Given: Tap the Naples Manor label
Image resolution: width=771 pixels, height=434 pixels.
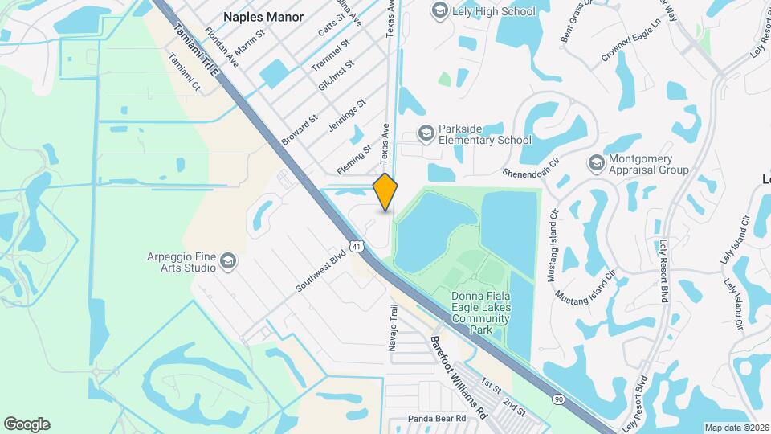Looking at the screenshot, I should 263,16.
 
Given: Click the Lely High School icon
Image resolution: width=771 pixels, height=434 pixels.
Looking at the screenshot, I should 439,10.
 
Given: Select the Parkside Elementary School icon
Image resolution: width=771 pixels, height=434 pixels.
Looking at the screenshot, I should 426,133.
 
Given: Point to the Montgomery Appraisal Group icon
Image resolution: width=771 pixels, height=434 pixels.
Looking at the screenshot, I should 596,162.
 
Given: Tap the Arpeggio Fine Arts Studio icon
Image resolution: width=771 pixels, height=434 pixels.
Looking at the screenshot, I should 228,260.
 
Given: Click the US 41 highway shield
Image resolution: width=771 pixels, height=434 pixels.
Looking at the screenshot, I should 356,244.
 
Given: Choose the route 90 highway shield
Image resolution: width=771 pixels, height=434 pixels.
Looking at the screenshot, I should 558,399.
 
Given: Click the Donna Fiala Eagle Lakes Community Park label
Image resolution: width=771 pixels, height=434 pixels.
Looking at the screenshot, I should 481,313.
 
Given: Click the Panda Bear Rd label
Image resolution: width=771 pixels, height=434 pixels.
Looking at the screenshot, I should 438,419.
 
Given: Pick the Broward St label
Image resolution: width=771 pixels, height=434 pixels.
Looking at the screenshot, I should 300,129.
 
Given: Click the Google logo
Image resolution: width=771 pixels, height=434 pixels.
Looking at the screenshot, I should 27,424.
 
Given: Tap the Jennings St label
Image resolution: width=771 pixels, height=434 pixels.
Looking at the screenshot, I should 347,116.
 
